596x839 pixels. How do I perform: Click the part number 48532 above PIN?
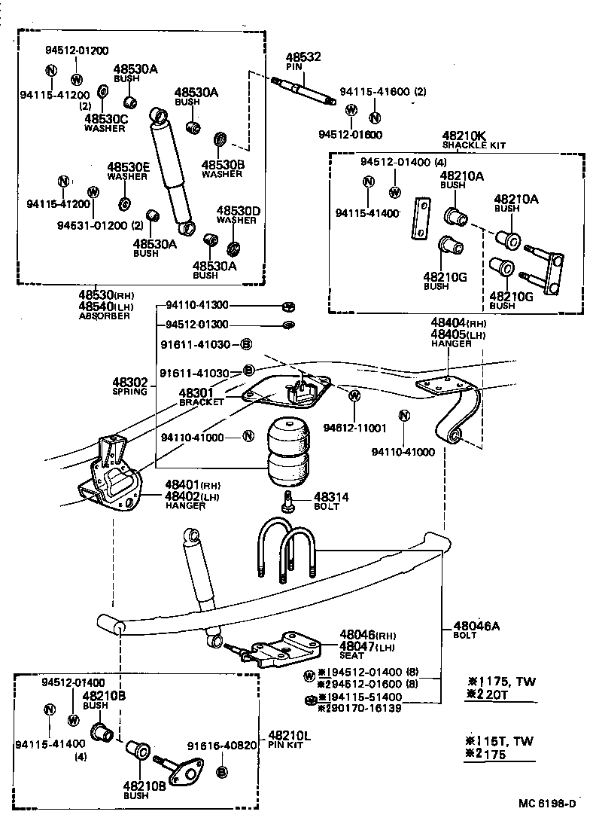click(303, 56)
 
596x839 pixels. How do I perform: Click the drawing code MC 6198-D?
click(547, 803)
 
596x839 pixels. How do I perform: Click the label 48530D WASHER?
click(238, 215)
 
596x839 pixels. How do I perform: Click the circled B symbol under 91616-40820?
click(222, 772)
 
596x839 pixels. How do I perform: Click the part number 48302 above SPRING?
click(130, 383)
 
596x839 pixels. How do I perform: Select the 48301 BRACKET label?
click(201, 396)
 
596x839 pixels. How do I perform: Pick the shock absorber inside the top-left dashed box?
click(172, 170)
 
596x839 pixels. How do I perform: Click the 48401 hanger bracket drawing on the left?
click(111, 478)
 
